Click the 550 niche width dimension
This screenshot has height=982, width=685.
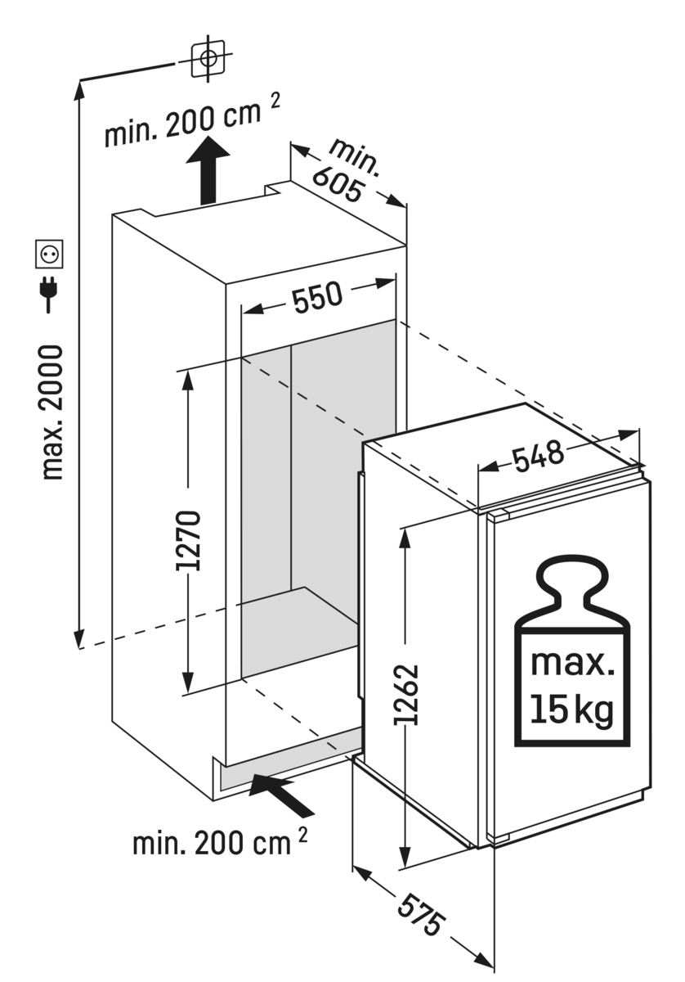pos(317,298)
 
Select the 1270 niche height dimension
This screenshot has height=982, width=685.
pos(189,539)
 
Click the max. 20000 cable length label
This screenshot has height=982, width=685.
pos(51,412)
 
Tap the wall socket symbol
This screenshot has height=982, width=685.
pos(49,254)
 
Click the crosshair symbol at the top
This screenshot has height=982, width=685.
pos(208,57)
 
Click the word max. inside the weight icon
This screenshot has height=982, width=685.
pos(572,664)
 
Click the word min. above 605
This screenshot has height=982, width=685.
pos(354,158)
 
